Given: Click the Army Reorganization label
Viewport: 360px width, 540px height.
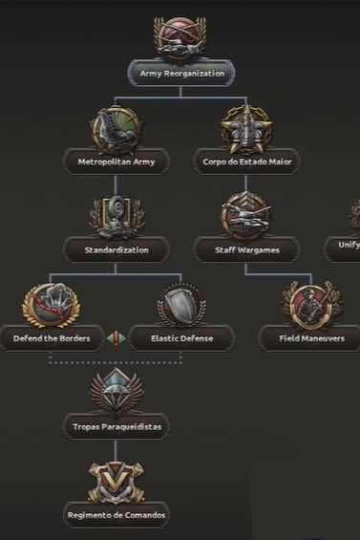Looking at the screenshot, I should [x=181, y=73].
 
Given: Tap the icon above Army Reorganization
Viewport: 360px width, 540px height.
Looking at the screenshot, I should [x=180, y=38].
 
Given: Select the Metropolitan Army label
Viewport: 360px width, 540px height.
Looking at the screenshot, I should [x=116, y=162].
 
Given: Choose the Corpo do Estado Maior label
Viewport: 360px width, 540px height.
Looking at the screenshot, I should [x=245, y=162].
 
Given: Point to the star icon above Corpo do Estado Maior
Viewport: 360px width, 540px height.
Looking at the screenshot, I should [x=245, y=127].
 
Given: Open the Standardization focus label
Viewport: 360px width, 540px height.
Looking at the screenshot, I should [x=116, y=250].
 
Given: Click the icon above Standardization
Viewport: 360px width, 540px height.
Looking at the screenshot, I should [x=116, y=217].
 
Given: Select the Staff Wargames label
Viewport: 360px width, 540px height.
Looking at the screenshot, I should [x=245, y=250].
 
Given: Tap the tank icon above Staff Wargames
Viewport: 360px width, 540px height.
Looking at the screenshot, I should [x=245, y=216].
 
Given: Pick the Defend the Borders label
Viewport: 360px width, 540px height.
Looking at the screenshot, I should [x=51, y=338].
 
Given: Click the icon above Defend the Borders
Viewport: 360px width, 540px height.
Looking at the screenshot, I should [x=51, y=305].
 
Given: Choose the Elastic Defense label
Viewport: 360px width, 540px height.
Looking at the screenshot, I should [x=180, y=338].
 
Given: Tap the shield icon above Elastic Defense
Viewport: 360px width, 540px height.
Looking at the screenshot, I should [x=180, y=305].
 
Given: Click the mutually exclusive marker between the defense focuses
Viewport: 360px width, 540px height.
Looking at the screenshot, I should [x=116, y=338].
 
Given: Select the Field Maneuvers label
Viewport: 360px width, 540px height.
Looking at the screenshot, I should [x=310, y=338].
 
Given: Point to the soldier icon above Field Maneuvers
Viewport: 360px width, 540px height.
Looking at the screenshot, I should [x=310, y=305].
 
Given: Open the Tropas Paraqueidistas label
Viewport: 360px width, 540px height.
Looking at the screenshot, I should [x=116, y=426].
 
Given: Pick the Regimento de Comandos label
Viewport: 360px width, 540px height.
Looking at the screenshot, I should [x=116, y=515].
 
